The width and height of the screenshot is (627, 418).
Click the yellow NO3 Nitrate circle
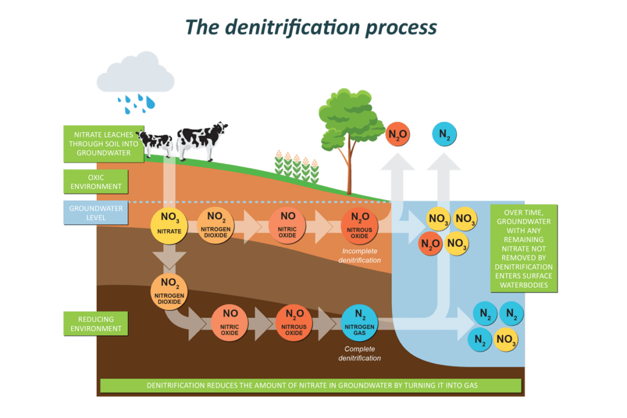[170, 225]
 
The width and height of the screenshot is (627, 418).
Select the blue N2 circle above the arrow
[445, 135]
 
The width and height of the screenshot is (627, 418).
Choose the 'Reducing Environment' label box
[96, 324]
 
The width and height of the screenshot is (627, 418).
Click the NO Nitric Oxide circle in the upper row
[287, 225]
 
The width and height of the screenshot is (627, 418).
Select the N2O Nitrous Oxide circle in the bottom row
[294, 323]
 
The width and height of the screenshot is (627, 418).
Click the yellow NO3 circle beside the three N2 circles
[506, 339]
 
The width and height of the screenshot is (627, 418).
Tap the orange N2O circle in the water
[430, 244]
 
